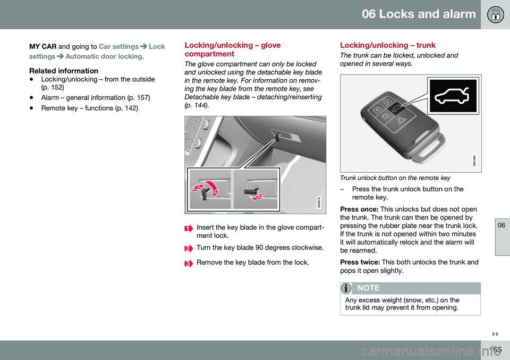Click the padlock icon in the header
point(495,14)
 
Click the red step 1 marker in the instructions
point(188,228)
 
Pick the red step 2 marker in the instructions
point(188,248)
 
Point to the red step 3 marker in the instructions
point(188,263)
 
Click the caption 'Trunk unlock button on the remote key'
point(395,178)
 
